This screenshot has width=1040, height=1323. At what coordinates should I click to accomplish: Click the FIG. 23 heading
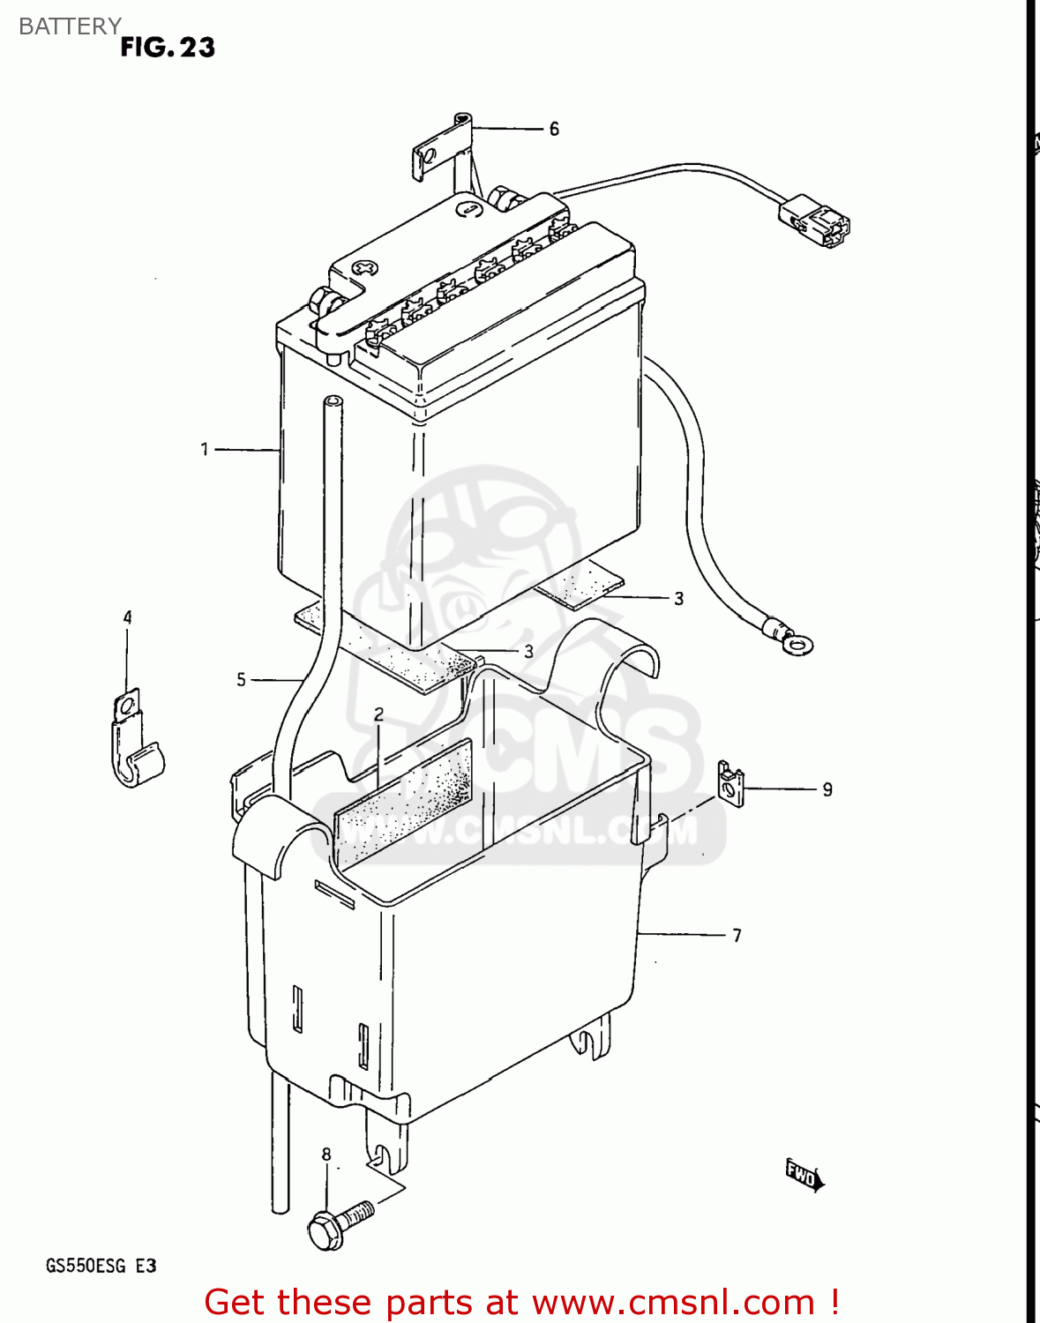pos(168,48)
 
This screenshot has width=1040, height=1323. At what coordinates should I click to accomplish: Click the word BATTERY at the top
pos(70,26)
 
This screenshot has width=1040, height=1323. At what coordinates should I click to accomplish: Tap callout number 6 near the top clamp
pos(554,130)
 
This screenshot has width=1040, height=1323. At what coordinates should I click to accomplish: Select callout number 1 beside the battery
pos(205,450)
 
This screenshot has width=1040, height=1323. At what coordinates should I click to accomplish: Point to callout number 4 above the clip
pos(127,617)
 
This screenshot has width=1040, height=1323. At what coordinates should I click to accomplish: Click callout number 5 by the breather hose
pos(241,680)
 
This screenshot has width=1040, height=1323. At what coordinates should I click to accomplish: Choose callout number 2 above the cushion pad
pos(378,714)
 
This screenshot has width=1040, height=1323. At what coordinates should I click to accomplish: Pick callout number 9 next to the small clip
pos(827,789)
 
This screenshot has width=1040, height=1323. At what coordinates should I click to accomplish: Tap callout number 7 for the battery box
pos(737,935)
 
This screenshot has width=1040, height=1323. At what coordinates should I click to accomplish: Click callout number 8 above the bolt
pos(326,1155)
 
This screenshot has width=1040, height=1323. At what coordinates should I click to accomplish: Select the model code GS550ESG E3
pos(101,1267)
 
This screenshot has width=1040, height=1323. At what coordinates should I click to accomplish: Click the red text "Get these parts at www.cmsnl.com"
pos(520,1302)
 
